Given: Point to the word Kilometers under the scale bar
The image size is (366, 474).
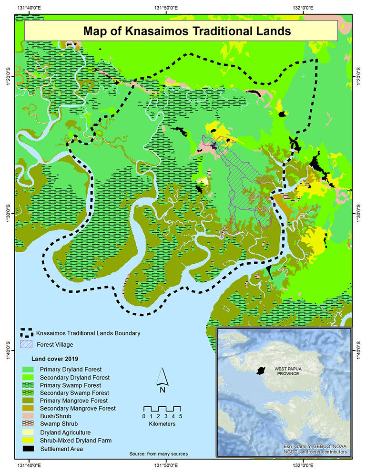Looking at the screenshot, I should pos(163,423).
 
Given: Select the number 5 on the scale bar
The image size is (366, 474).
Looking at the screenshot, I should pos(181,416).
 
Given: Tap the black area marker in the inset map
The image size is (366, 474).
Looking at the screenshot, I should pos(259,371).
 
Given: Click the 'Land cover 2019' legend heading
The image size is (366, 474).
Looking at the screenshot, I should pos(53,359).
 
